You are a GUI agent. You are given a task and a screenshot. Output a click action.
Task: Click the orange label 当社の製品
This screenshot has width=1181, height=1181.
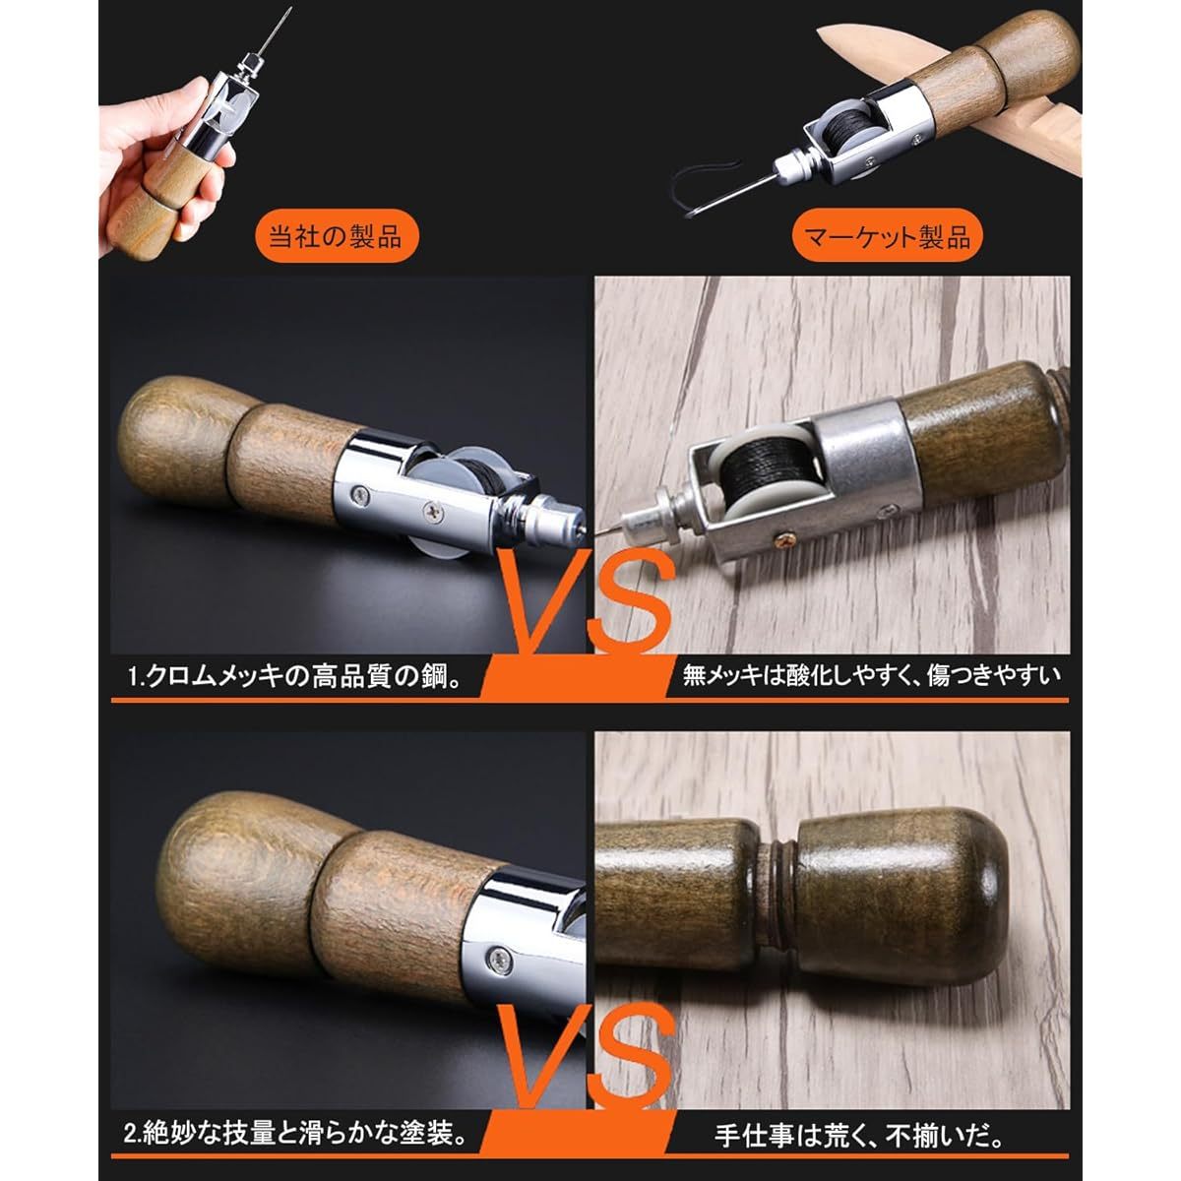[x=329, y=237]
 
